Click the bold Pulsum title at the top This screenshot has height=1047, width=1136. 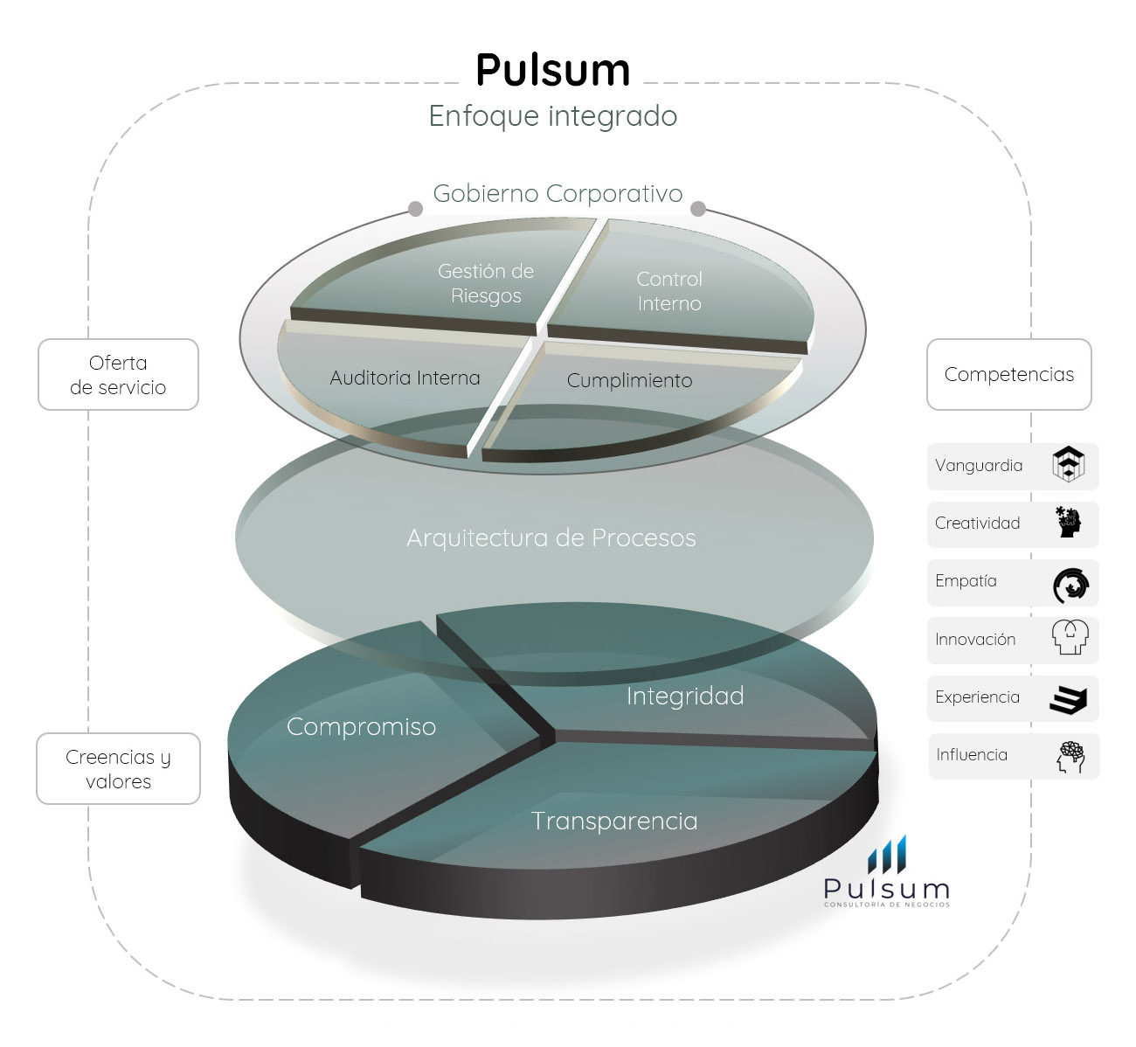coord(552,70)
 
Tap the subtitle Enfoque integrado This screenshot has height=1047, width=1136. coord(552,116)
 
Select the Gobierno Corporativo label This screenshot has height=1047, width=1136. coord(558,193)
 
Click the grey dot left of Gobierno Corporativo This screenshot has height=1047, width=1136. coord(416,209)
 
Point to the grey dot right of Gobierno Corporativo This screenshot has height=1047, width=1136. coord(698,208)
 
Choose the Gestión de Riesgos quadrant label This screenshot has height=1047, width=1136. coord(486,283)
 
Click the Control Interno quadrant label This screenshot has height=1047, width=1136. coord(669,291)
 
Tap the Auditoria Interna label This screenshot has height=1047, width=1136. coord(405,378)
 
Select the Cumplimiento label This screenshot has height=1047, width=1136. coord(629,380)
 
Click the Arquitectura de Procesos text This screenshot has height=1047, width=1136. coord(551,537)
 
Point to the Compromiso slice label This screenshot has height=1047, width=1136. coord(361,726)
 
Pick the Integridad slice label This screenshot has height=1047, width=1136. coord(685,696)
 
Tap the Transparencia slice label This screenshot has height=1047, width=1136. coord(614,821)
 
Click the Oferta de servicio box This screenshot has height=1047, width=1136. coord(118,375)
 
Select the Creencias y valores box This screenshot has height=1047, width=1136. coord(118,769)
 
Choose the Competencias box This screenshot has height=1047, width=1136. coord(1009,374)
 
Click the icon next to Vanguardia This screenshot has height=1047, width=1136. coord(1069,464)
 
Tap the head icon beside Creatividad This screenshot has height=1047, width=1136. coord(1068,522)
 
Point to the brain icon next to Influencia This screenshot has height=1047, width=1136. coord(1070,756)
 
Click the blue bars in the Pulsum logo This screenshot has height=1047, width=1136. coord(887,854)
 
